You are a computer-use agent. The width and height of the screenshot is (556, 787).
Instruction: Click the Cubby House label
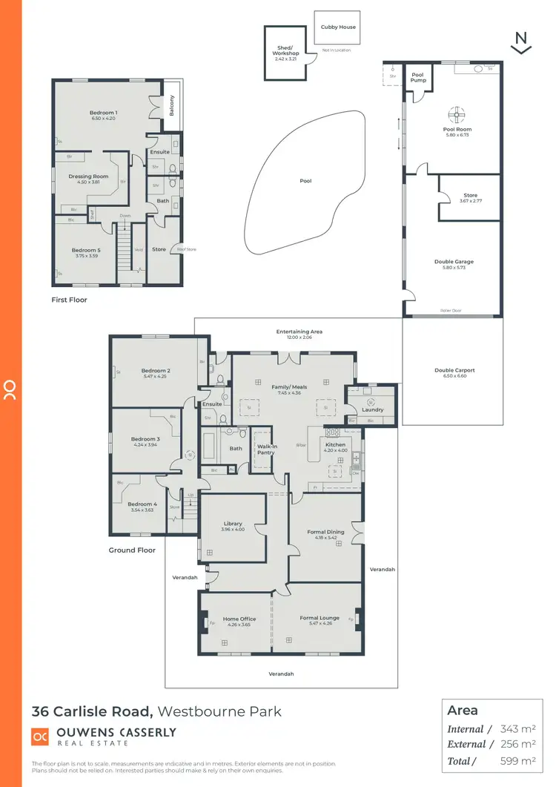(x=338, y=27)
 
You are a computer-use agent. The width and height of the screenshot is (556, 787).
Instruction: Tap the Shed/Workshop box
(x=285, y=53)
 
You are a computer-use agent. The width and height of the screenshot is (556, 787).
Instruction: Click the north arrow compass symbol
(x=521, y=43)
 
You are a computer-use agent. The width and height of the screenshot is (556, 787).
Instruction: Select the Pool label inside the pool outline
(x=305, y=180)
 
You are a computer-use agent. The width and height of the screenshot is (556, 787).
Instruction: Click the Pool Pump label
(x=418, y=77)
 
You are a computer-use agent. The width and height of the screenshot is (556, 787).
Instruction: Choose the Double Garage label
(x=454, y=262)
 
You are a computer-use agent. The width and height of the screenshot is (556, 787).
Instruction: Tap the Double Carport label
(x=454, y=370)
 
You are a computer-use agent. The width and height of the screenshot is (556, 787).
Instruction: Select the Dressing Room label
(x=89, y=177)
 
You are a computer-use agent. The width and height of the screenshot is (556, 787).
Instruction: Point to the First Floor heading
(x=69, y=300)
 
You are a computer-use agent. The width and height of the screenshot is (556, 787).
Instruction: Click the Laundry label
(x=372, y=409)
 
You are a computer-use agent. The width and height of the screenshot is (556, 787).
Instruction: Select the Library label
(x=233, y=524)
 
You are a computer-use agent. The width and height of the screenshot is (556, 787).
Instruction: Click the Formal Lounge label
(x=320, y=618)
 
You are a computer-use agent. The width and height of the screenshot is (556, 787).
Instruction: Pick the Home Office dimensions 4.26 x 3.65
(x=239, y=624)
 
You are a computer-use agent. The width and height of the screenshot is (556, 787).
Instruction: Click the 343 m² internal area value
(x=518, y=729)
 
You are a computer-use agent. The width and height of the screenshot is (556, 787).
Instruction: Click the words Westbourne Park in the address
(x=220, y=711)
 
